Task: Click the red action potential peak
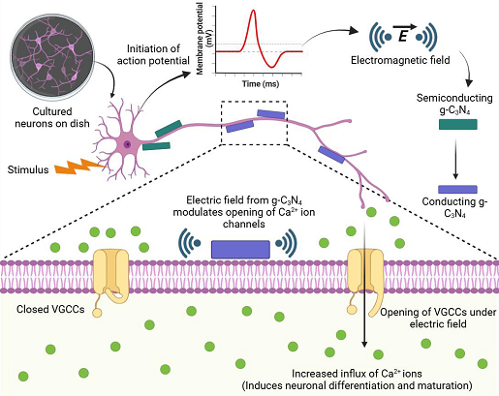tap(253, 13)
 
